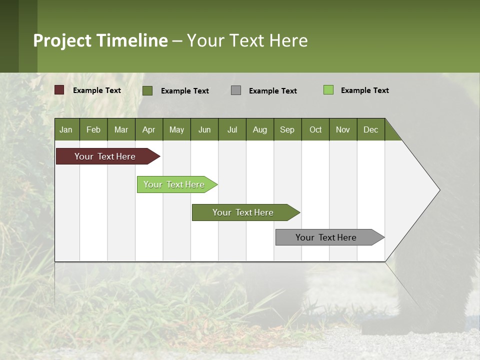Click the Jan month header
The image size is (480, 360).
[x=66, y=129]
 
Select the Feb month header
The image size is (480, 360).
[x=93, y=129]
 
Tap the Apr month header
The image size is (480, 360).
[x=149, y=129]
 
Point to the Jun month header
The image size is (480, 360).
[x=204, y=129]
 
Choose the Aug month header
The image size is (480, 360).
[x=260, y=129]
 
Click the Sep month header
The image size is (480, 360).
[x=287, y=129]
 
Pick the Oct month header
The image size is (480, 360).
[x=315, y=129]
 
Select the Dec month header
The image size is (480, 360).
[x=371, y=129]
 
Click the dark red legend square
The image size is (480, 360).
[x=59, y=90]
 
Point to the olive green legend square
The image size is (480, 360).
[x=147, y=90]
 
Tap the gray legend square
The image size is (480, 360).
[x=236, y=90]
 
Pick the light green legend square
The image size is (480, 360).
[x=328, y=90]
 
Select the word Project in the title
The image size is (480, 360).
[x=62, y=40]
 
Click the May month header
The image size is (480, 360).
[x=176, y=129]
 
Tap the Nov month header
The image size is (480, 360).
[x=343, y=129]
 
